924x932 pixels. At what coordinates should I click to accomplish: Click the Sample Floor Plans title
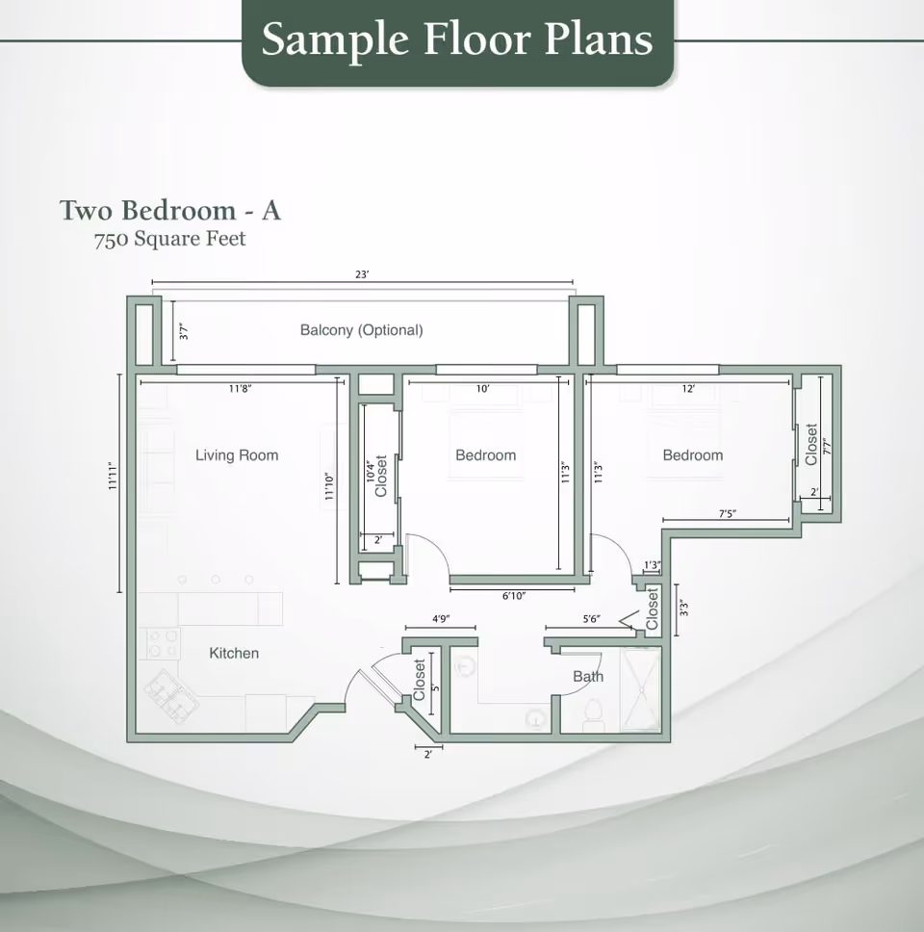coord(457,39)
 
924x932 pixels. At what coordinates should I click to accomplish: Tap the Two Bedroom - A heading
coord(169,210)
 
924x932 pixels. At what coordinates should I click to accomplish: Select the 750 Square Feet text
coord(169,239)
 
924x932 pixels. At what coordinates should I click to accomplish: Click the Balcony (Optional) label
coord(361,330)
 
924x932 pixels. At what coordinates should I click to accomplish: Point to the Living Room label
coord(237,455)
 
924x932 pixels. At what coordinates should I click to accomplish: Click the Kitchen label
coord(234,653)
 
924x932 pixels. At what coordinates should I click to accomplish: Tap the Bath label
coord(588,676)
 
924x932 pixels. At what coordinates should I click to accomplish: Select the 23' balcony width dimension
coord(362,275)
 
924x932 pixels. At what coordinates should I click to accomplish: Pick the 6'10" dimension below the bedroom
coord(513,596)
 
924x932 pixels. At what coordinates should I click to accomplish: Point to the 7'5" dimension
coord(727,514)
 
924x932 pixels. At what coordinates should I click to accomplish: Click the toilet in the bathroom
coord(594,713)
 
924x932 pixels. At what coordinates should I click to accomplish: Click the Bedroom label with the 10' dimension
coord(485,455)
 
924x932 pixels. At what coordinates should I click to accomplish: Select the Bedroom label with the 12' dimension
coord(692,455)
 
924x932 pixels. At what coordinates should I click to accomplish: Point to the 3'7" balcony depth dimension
coord(184,331)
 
